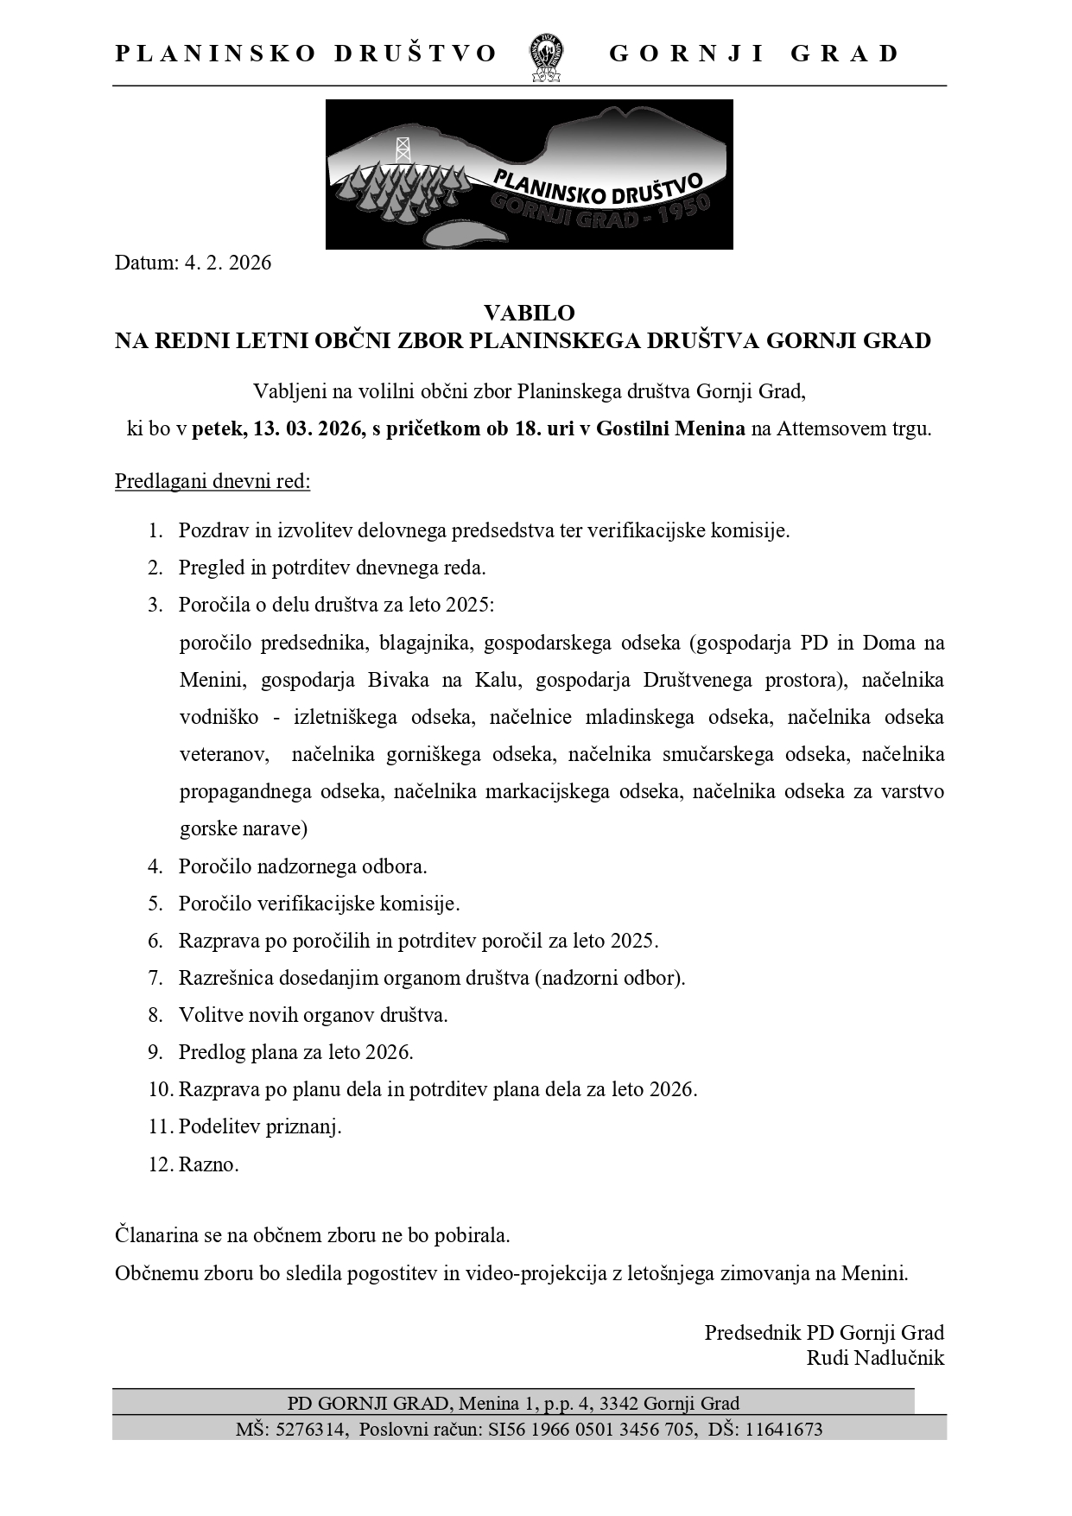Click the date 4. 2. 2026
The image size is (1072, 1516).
point(227,263)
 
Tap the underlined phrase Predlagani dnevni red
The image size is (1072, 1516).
point(212,480)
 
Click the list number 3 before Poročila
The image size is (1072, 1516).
point(155,605)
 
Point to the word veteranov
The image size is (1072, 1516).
point(220,754)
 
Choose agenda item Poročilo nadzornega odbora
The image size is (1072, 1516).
point(302,866)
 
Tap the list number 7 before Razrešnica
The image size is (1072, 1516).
point(155,978)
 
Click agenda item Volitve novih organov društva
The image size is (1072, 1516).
point(313,1015)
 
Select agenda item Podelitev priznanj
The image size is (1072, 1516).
point(260,1126)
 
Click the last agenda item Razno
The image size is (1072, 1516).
point(208,1164)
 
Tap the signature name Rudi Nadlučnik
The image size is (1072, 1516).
point(874,1358)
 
